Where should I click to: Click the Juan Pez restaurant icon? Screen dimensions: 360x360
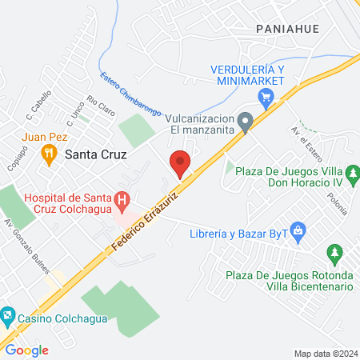[50, 154]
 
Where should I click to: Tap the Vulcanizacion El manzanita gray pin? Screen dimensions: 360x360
[246, 122]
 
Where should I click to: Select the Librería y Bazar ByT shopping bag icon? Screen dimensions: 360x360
[298, 234]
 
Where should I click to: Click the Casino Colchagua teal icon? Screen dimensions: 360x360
[7, 315]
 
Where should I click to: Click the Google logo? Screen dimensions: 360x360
[26, 350]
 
